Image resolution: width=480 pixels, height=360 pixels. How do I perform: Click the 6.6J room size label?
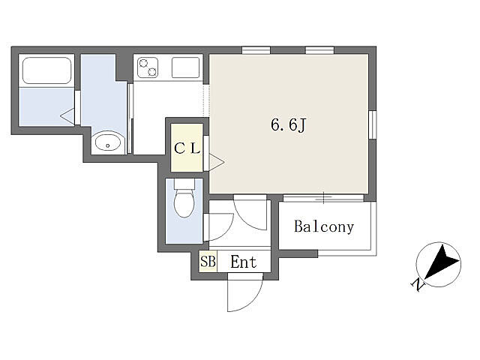[x=288, y=124]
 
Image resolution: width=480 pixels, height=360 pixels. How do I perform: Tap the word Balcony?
[x=324, y=226]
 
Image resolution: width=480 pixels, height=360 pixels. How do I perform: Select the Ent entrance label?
[x=243, y=262]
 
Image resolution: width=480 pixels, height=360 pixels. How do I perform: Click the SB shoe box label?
[x=208, y=262]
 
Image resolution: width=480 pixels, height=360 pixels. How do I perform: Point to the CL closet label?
[x=187, y=148]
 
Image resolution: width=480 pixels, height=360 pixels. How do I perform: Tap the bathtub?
[x=46, y=70]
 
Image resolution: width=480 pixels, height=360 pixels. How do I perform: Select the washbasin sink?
[x=108, y=142]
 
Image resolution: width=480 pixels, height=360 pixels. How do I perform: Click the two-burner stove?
[x=148, y=67]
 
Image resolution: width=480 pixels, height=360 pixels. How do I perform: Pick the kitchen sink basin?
[x=185, y=67]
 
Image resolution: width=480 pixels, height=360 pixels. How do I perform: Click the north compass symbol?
[x=438, y=265]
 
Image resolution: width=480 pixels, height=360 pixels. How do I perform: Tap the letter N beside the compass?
[x=418, y=285]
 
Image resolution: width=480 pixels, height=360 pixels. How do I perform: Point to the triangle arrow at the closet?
[x=217, y=162]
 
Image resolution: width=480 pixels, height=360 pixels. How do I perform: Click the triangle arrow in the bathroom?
[x=67, y=116]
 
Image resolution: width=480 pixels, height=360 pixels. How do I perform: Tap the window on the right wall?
[x=373, y=124]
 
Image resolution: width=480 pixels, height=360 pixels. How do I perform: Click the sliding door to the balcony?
[x=323, y=198]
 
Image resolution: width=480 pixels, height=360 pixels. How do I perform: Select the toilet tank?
[x=184, y=184]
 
